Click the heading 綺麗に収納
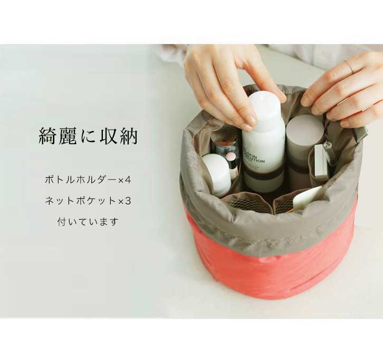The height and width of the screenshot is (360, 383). tap(89, 136)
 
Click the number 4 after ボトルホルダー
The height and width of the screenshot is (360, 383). tap(128, 181)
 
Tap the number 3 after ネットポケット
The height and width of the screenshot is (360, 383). tap(128, 201)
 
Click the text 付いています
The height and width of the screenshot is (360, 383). tap(88, 222)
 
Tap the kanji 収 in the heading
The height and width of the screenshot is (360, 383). tap(108, 136)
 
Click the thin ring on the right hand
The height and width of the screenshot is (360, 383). tap(350, 67)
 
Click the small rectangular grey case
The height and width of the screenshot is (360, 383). tap(322, 162)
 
